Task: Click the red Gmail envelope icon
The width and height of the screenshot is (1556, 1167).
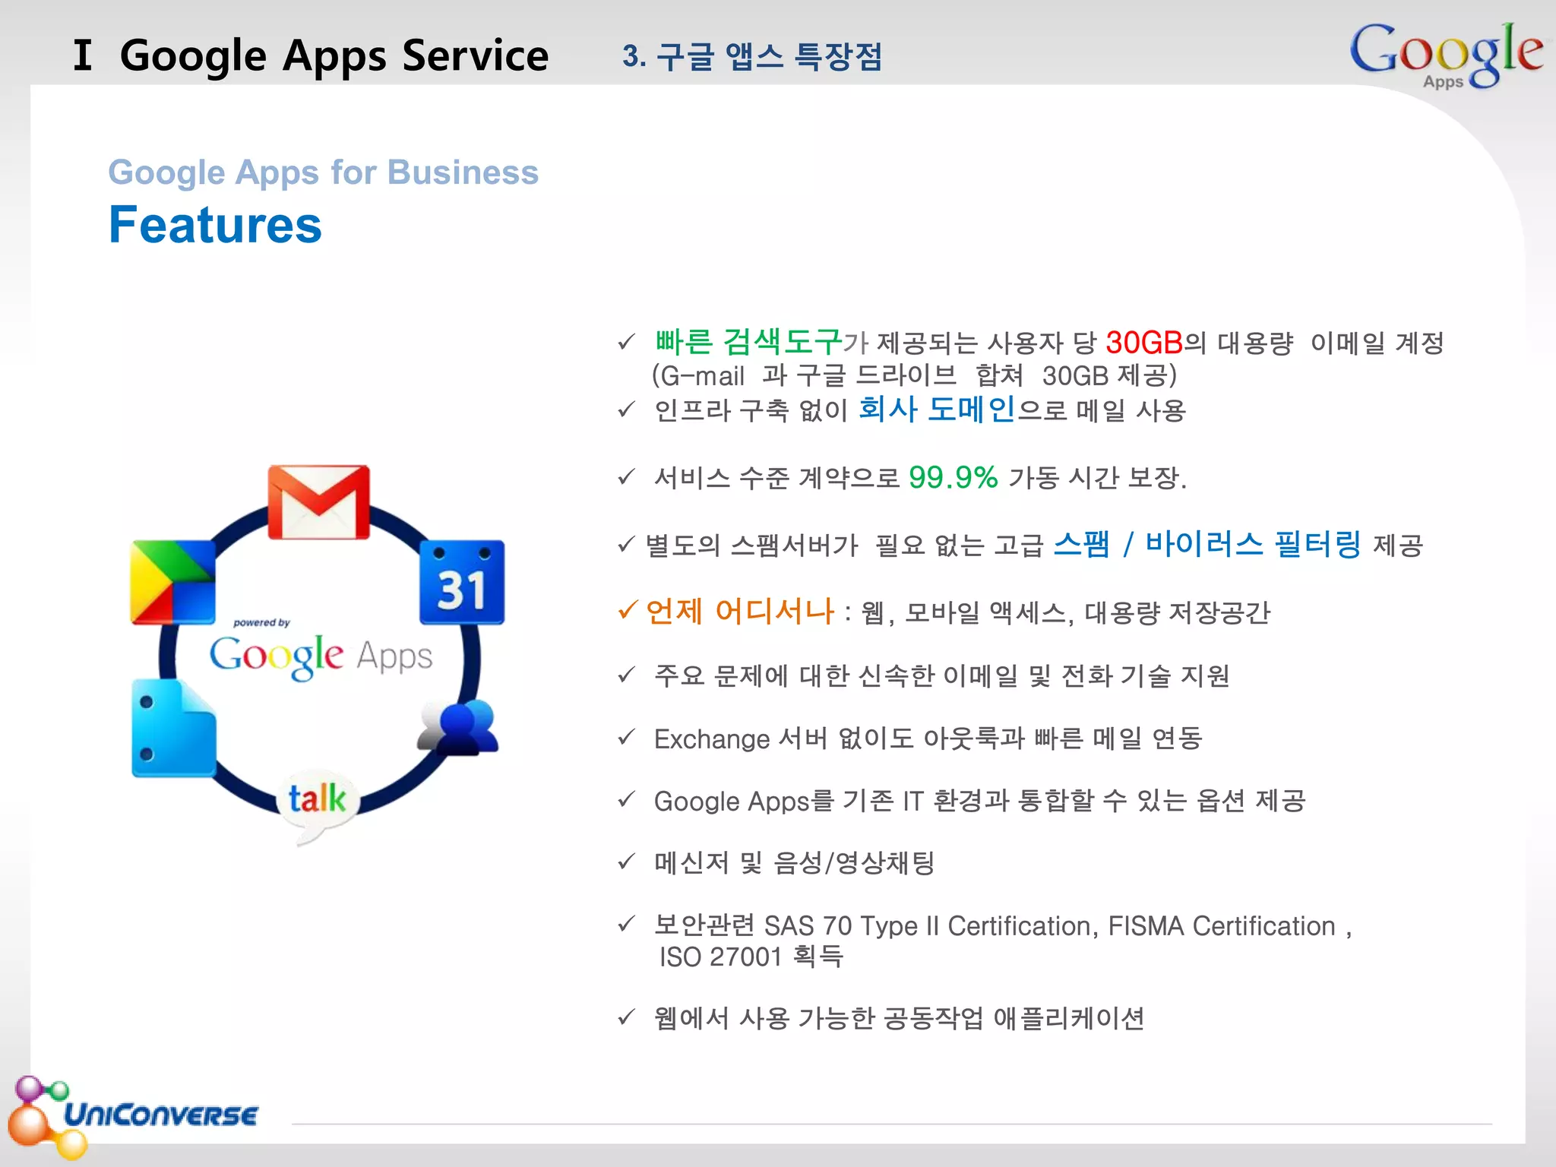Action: pos(319,502)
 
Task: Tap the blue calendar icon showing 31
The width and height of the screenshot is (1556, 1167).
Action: pos(462,582)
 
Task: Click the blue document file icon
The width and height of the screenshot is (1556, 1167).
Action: pos(173,729)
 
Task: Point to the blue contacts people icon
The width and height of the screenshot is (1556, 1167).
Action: pos(460,728)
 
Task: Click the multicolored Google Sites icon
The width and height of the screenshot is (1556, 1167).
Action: pos(172,582)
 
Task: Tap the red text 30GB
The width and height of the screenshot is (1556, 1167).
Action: pos(1144,343)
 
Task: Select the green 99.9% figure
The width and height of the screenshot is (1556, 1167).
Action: pos(953,478)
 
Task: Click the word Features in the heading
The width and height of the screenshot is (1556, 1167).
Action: pos(216,226)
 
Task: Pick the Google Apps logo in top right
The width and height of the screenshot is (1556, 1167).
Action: pos(1445,55)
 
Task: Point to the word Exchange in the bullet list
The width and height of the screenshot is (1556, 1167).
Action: pos(712,739)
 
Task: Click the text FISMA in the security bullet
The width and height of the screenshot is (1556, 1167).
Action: pos(1146,926)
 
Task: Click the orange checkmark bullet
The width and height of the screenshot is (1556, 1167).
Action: pos(627,610)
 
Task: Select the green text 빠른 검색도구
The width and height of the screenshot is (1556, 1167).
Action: pos(748,342)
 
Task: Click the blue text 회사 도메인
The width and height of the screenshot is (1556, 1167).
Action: pos(937,410)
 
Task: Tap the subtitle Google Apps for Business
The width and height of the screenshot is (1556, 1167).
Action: pos(324,172)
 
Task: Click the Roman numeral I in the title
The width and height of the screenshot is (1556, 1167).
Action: pos(83,55)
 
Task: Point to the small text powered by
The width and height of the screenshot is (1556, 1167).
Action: pos(261,623)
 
